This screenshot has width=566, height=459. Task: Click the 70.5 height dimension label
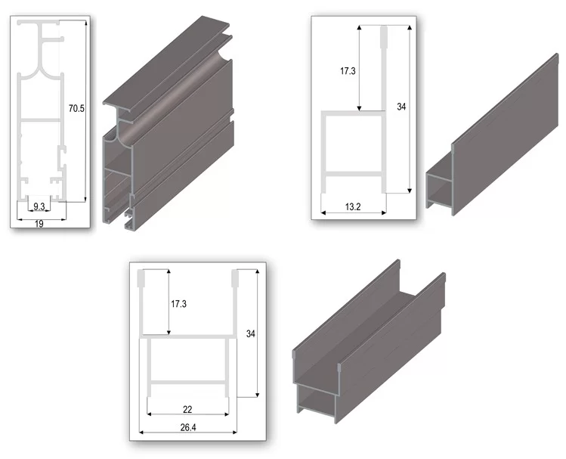pyautogui.click(x=76, y=108)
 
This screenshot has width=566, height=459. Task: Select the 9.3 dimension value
pyautogui.click(x=39, y=206)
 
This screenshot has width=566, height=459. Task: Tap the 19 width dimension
pyautogui.click(x=39, y=224)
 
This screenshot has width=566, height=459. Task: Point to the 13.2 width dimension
pyautogui.click(x=353, y=207)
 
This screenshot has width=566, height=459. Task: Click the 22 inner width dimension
pyautogui.click(x=187, y=409)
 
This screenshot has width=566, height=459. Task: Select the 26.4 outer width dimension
pyautogui.click(x=188, y=427)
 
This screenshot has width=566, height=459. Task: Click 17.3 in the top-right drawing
pyautogui.click(x=348, y=71)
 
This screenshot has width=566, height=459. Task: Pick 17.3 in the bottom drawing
pyautogui.click(x=178, y=304)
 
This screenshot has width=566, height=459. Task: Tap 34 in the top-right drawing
pyautogui.click(x=401, y=107)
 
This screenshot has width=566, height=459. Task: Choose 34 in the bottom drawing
pyautogui.click(x=251, y=333)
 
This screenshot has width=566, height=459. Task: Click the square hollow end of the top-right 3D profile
pyautogui.click(x=438, y=188)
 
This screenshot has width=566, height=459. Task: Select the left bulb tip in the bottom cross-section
pyautogui.click(x=142, y=278)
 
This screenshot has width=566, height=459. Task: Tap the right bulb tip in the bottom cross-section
pyautogui.click(x=235, y=278)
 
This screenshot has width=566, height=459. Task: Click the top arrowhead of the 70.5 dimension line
pyautogui.click(x=85, y=23)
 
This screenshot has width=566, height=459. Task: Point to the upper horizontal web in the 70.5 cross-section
pyautogui.click(x=40, y=120)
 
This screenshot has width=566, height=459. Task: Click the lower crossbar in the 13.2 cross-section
pyautogui.click(x=354, y=175)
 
